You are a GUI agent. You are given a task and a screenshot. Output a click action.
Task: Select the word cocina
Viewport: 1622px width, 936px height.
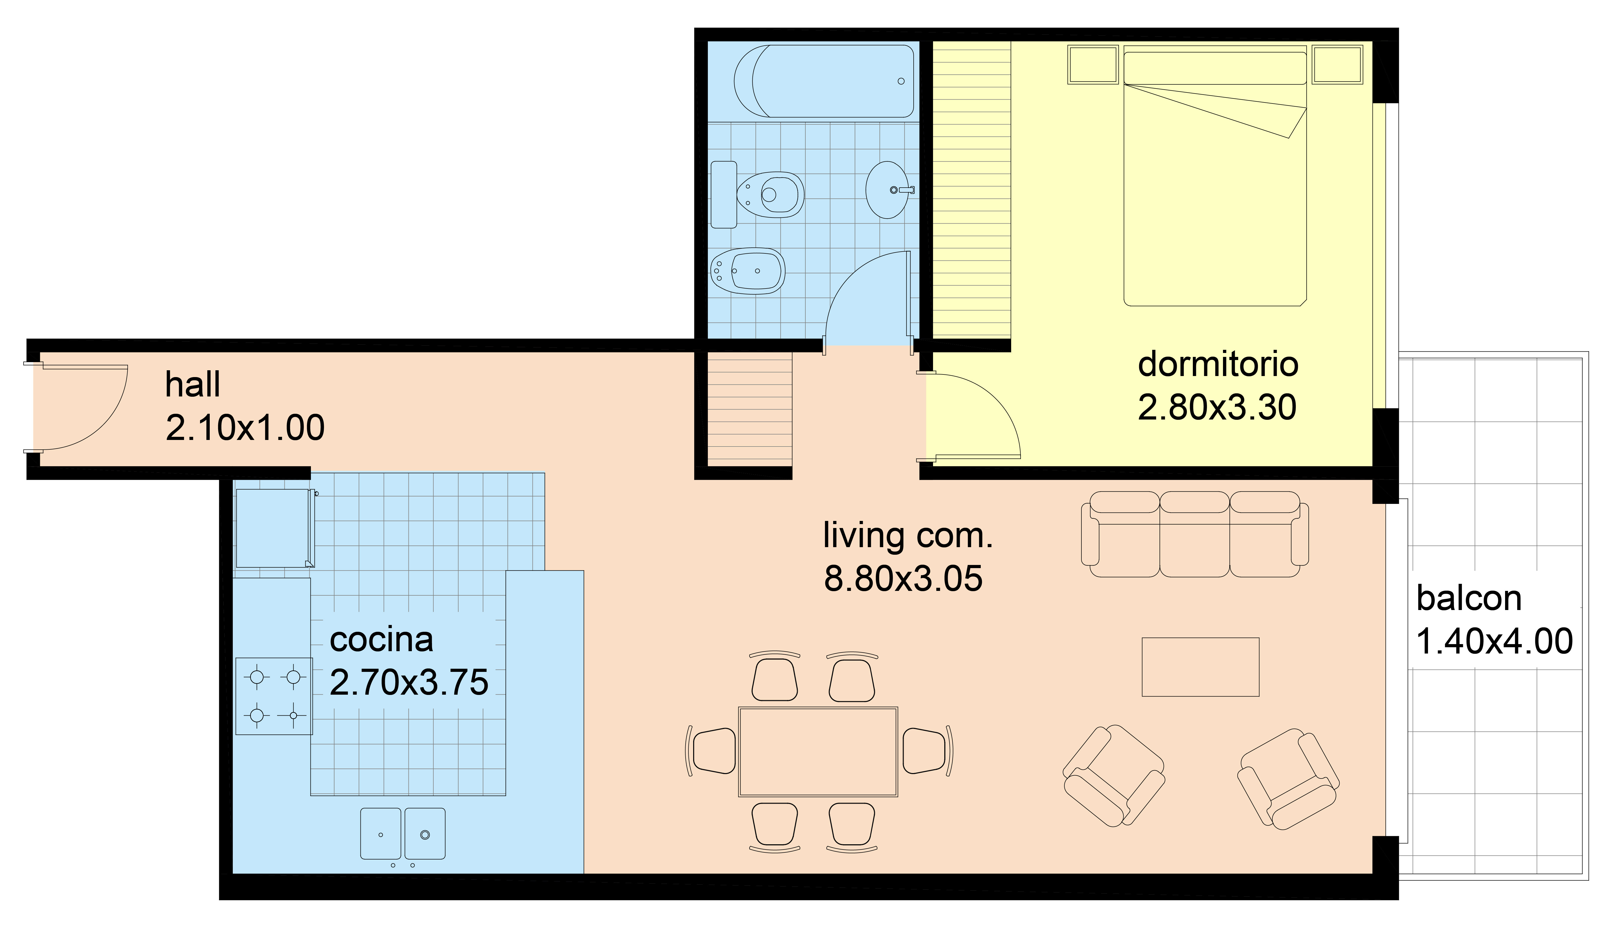pyautogui.click(x=381, y=640)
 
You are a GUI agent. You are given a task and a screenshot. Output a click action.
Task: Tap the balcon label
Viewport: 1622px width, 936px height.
pyautogui.click(x=1469, y=598)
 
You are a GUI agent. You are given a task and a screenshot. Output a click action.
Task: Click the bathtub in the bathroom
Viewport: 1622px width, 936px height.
pyautogui.click(x=824, y=81)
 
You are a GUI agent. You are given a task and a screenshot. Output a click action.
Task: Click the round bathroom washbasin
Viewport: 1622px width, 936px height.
pyautogui.click(x=887, y=190)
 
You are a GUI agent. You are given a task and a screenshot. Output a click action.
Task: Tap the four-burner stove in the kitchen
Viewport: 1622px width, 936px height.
pyautogui.click(x=274, y=696)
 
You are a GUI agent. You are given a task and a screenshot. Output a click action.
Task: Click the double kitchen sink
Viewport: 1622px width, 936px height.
pyautogui.click(x=403, y=834)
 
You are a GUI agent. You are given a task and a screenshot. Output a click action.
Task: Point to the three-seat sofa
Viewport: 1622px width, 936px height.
pyautogui.click(x=1195, y=534)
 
